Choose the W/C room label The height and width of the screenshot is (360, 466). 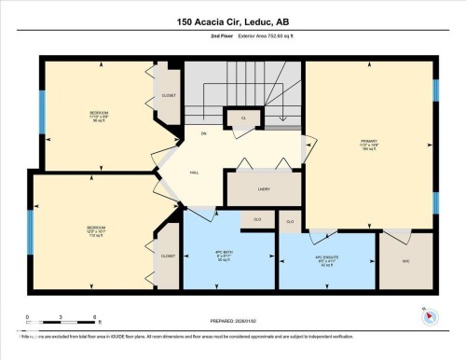click(405, 261)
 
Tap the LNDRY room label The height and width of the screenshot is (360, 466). click(264, 189)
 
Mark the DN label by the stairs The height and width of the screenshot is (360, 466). click(203, 134)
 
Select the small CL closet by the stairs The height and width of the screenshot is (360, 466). click(243, 118)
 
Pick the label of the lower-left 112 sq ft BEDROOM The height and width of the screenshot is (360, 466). click(95, 228)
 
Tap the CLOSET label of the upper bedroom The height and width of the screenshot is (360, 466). click(168, 95)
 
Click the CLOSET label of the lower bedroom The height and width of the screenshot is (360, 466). click(168, 256)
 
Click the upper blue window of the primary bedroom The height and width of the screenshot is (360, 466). click(435, 90)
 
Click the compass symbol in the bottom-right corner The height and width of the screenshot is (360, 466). click(428, 316)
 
